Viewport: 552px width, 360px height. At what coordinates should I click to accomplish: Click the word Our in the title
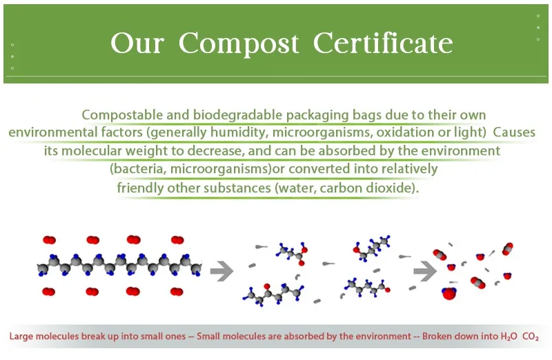(137, 43)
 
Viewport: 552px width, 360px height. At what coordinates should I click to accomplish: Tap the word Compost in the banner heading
(239, 43)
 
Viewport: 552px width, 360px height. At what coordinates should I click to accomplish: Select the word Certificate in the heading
(383, 43)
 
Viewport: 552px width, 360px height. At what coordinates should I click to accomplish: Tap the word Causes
(514, 132)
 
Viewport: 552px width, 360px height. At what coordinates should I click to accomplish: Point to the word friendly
(141, 188)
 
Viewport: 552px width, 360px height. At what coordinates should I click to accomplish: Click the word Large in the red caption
(22, 337)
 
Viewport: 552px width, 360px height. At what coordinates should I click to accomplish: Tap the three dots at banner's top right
(538, 27)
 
